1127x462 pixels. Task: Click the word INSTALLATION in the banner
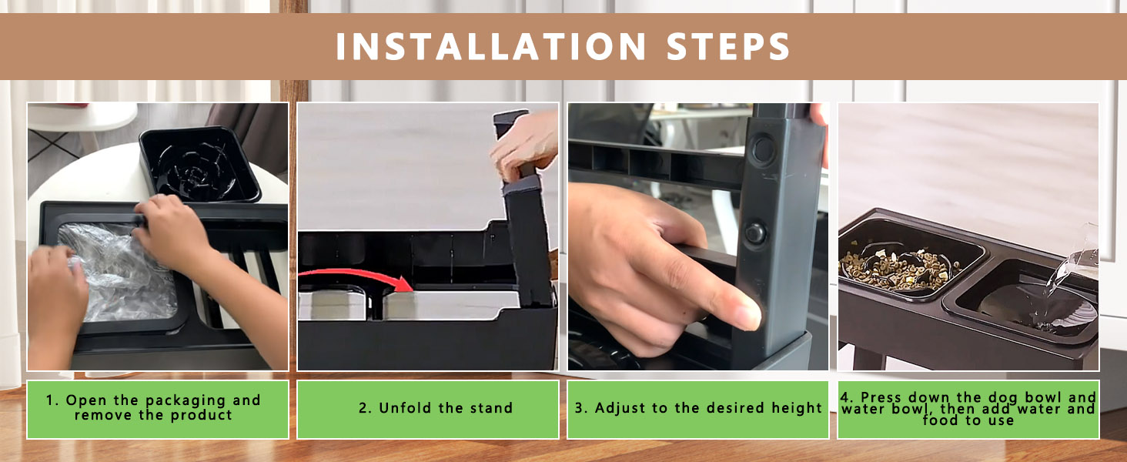coord(490,46)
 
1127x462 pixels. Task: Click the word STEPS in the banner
coord(728,46)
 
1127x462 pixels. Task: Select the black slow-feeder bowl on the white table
coord(199,164)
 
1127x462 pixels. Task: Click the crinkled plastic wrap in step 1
coord(119,272)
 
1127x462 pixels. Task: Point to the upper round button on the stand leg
coord(763,150)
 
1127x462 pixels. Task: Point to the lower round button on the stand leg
coord(755,233)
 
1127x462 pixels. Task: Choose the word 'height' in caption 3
coord(797,407)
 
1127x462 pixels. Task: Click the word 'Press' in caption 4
coord(882,397)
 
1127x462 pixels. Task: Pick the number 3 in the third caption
coord(580,407)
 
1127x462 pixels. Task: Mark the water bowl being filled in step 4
coord(1022,301)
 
